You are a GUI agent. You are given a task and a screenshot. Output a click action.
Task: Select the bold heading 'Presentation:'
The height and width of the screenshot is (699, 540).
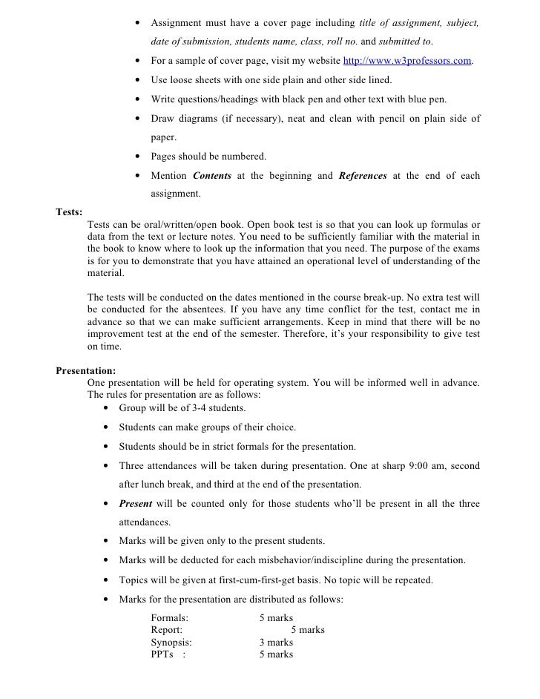pos(86,370)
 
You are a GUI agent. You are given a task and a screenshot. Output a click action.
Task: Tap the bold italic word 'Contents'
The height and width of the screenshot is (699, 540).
pos(212,176)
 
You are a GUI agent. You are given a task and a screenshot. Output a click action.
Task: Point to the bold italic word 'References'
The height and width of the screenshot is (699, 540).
pos(363,176)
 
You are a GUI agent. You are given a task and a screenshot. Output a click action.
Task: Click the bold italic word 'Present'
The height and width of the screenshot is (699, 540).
pos(135,504)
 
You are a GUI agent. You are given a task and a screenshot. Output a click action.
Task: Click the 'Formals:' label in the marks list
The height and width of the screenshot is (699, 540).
pos(169,617)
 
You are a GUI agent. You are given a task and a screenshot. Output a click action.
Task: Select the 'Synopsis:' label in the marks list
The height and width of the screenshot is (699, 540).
pos(171,642)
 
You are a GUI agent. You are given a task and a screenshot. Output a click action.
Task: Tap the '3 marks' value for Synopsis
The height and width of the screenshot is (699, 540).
pos(276,642)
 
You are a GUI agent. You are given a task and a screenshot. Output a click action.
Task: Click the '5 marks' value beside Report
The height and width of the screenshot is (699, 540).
pos(307,630)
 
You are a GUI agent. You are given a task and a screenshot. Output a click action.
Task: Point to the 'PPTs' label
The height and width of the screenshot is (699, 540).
pos(162,654)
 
